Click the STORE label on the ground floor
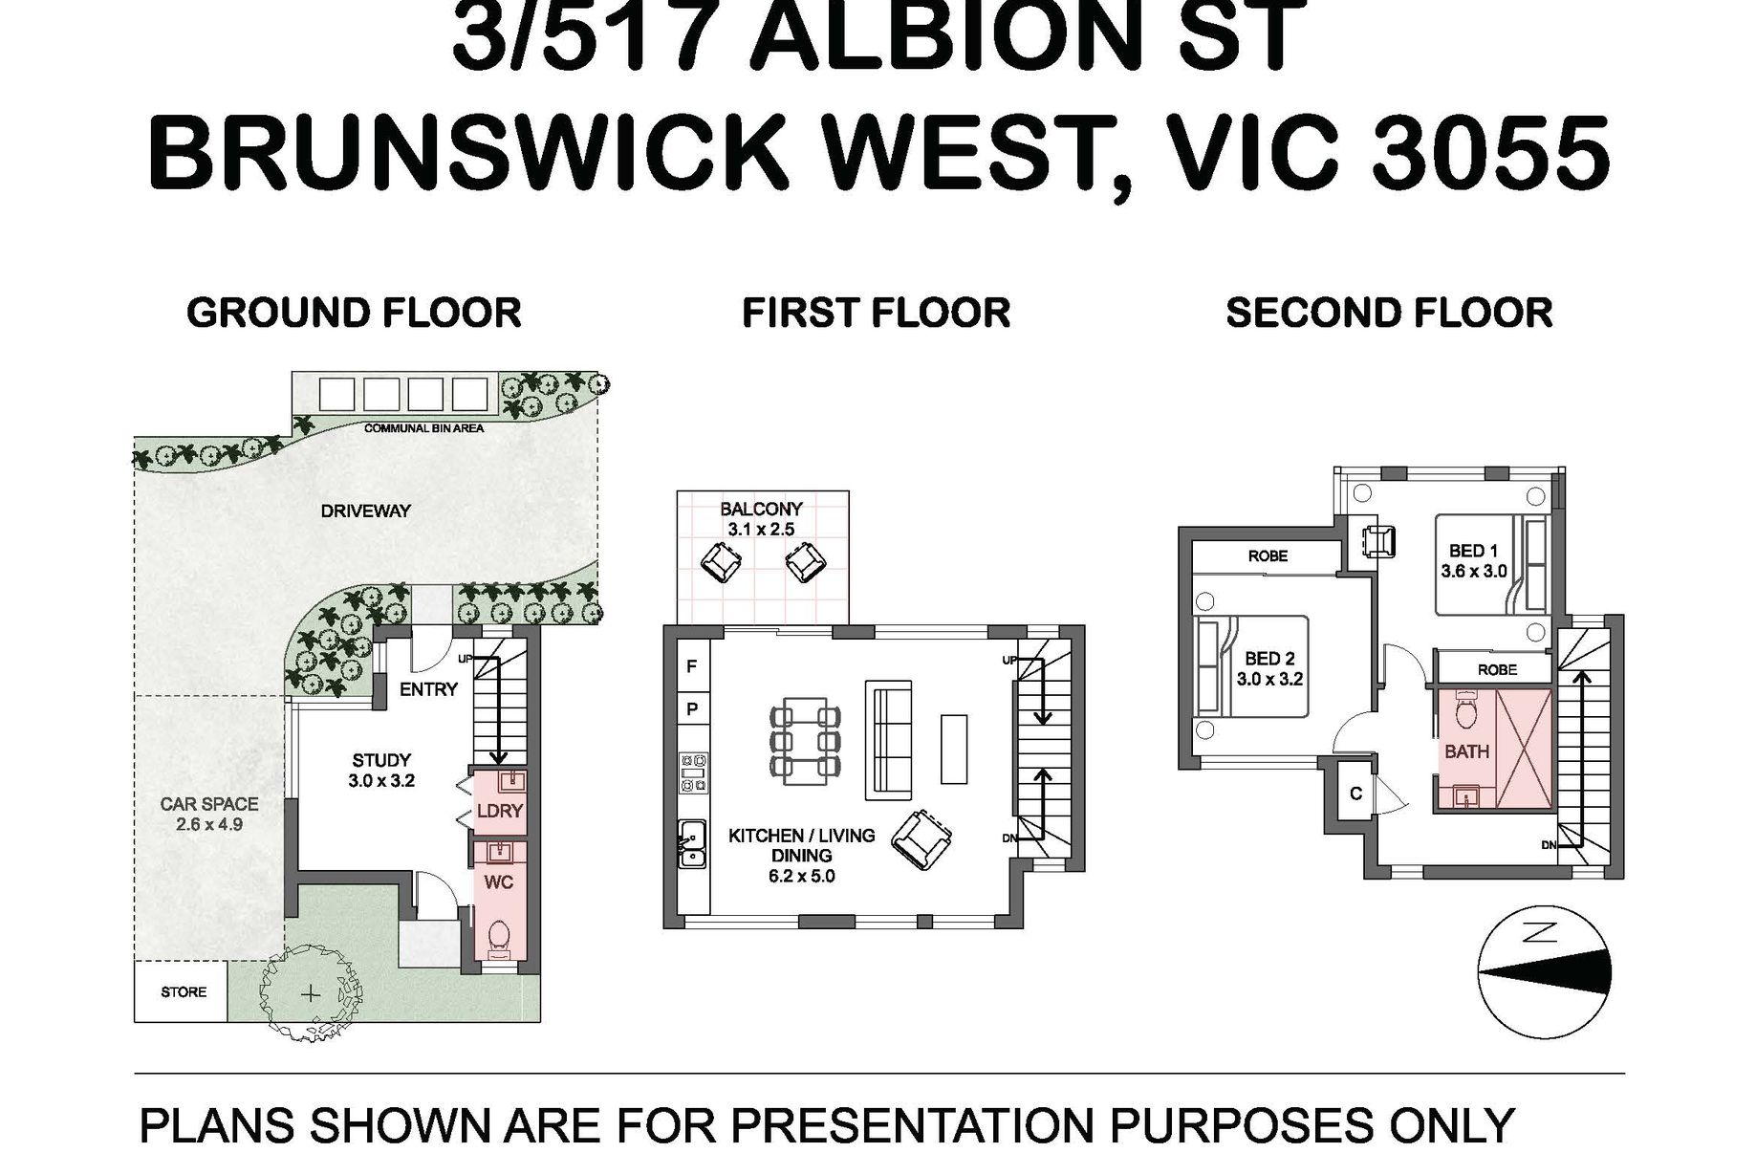(184, 992)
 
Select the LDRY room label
(499, 811)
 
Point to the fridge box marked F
(691, 666)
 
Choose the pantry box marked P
(691, 709)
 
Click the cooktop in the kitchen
(693, 772)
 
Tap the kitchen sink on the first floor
(692, 844)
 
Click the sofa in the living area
(888, 739)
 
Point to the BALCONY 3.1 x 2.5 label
(761, 518)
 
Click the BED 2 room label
(1269, 669)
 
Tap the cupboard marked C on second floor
(1355, 794)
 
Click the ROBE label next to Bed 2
(1268, 555)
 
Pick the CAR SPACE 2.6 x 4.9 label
(209, 814)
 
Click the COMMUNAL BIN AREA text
(424, 428)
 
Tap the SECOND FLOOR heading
(1389, 314)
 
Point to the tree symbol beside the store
(310, 994)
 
